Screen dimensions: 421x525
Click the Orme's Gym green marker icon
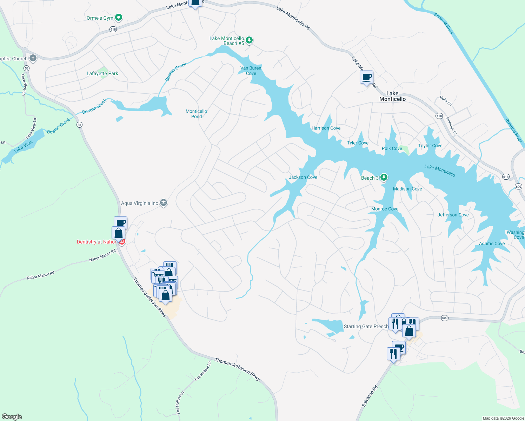point(119,17)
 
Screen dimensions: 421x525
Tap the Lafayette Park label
point(102,73)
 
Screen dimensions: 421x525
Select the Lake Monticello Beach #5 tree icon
point(249,40)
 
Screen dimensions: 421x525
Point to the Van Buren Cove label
point(251,71)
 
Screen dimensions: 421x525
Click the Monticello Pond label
point(196,114)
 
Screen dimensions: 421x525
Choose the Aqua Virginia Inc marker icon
point(164,203)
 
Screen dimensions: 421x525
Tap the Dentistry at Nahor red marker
point(122,242)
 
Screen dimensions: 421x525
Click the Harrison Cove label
point(326,128)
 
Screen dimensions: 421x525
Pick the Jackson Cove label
point(303,177)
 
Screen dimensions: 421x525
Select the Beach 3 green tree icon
point(384,178)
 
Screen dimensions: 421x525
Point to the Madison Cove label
point(407,189)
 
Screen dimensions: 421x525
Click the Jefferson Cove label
point(453,215)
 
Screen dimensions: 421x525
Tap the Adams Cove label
point(492,243)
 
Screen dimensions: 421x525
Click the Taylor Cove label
point(430,146)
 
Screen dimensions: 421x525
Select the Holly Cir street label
point(446,101)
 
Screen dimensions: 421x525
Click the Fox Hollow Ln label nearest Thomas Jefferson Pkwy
point(203,371)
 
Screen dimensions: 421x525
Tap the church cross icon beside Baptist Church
point(33,58)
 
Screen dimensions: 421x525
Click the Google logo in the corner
point(12,417)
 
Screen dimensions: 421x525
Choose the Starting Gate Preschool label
point(366,326)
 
